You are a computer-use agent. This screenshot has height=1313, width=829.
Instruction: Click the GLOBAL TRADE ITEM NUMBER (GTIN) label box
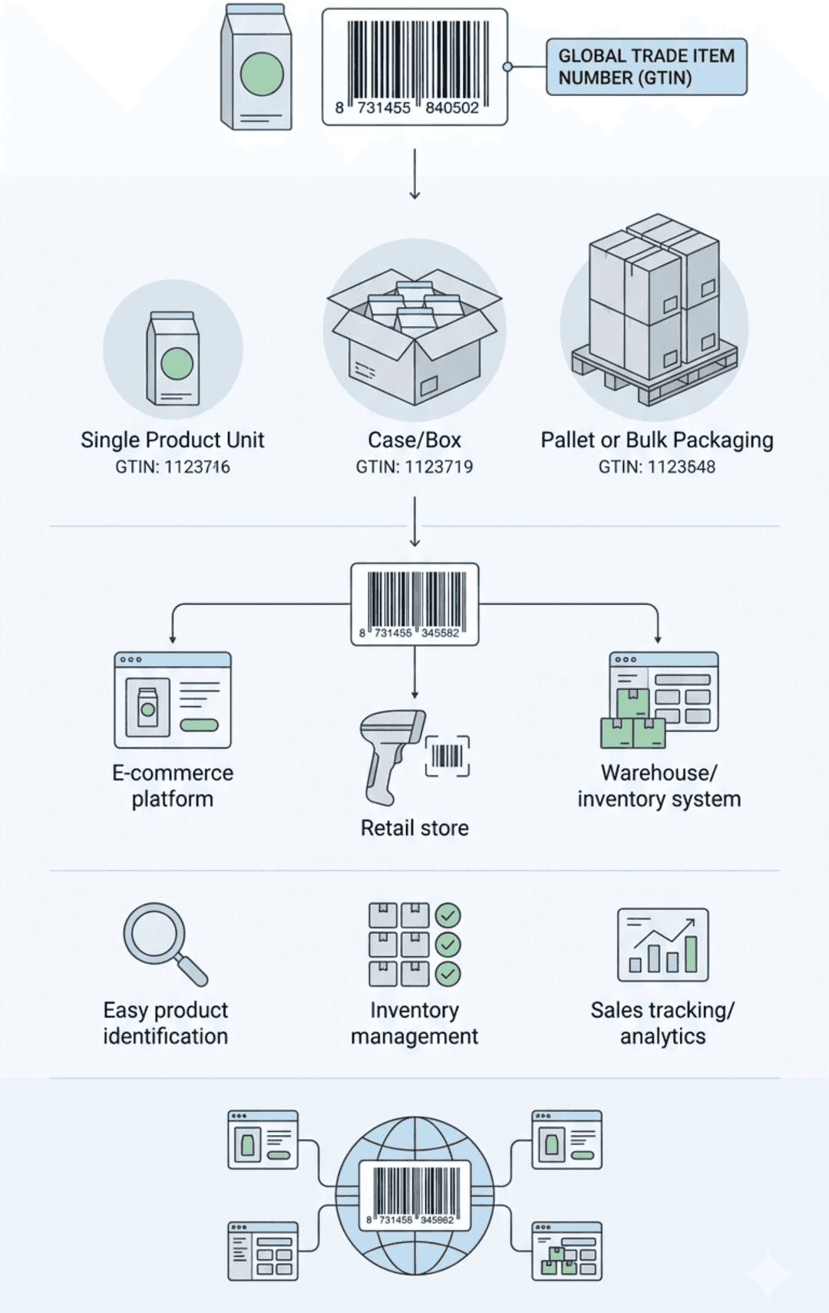click(x=646, y=67)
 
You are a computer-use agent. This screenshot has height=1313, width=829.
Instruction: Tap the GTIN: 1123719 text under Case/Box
click(x=414, y=467)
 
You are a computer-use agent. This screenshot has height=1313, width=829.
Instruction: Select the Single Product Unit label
click(x=172, y=440)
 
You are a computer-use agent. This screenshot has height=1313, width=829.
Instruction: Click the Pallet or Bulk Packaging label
click(x=657, y=440)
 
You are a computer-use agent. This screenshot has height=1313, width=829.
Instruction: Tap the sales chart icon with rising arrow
click(x=663, y=945)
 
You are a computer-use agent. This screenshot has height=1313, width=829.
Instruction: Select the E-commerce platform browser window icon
click(x=173, y=700)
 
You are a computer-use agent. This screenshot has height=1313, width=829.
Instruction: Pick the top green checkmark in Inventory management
click(x=448, y=915)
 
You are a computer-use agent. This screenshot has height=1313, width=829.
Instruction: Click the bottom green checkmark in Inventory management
click(x=448, y=974)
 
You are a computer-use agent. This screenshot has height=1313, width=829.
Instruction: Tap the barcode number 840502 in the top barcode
click(x=452, y=108)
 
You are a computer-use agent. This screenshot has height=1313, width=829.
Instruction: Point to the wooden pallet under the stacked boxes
click(x=654, y=376)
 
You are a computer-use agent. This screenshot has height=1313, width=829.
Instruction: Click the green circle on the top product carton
click(x=262, y=74)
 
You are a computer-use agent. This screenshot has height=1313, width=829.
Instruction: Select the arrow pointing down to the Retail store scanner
click(x=414, y=671)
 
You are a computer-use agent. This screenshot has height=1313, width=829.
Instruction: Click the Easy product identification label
click(x=166, y=1023)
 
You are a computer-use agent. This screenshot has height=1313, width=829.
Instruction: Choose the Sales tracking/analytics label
click(x=662, y=1023)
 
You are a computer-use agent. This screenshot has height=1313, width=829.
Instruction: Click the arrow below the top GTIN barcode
click(x=414, y=174)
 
